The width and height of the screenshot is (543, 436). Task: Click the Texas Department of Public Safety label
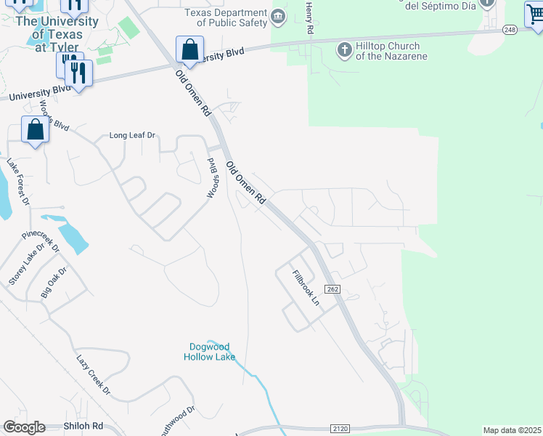[226, 18]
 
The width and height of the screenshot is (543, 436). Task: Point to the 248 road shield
[509, 29]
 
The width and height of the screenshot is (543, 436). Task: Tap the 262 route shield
[332, 289]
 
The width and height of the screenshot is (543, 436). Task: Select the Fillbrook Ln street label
[306, 287]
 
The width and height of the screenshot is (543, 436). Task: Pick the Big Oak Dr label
[54, 282]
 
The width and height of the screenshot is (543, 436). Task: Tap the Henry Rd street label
[309, 18]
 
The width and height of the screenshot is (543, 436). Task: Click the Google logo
[25, 427]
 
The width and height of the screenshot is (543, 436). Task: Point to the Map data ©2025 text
[512, 430]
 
